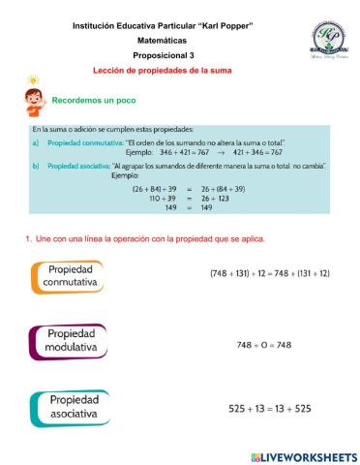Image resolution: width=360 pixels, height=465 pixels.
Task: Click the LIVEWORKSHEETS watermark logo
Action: [x=302, y=455]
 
